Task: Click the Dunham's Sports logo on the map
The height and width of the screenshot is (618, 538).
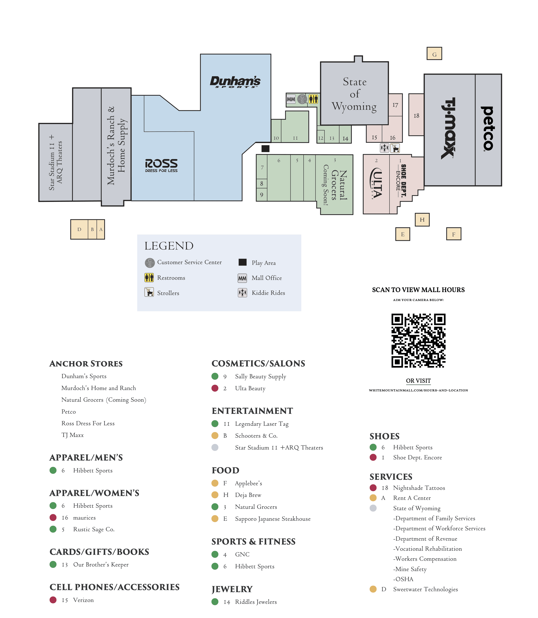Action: point(235,81)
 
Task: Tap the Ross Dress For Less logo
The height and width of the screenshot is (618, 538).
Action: point(161,165)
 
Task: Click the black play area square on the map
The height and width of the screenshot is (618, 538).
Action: point(265,148)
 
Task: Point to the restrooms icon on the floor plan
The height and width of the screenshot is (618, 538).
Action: point(313,99)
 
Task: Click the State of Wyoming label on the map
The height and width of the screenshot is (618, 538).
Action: point(354,94)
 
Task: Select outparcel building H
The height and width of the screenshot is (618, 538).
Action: point(422,220)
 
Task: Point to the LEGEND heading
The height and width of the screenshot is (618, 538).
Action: point(169,246)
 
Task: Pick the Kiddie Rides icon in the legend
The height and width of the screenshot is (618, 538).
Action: point(242,293)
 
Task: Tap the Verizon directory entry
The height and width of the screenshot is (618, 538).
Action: point(83,600)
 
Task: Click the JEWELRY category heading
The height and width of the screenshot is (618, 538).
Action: point(232,589)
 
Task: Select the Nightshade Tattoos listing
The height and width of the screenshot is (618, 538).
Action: point(419,488)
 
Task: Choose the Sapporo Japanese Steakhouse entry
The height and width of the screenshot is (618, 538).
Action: point(273,519)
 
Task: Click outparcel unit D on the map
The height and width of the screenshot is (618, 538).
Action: point(79,229)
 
